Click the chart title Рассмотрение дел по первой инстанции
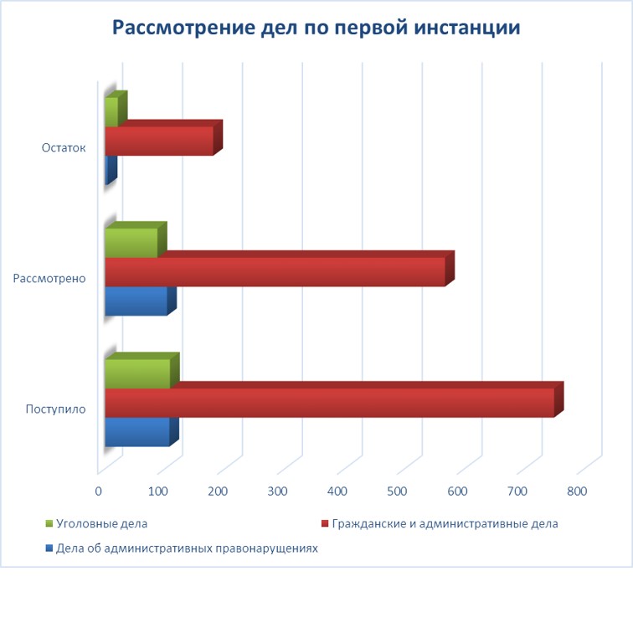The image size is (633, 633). (316, 28)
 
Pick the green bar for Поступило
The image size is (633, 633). (137, 373)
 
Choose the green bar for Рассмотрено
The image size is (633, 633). (131, 243)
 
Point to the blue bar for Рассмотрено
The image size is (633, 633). (136, 301)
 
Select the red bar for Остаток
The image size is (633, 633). (159, 141)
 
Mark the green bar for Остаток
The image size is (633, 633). (111, 112)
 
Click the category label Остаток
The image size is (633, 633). (64, 148)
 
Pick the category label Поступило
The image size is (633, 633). (55, 409)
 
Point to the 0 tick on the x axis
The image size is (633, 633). (99, 491)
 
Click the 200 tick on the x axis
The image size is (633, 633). (218, 491)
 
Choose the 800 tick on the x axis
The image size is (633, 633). (577, 491)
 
